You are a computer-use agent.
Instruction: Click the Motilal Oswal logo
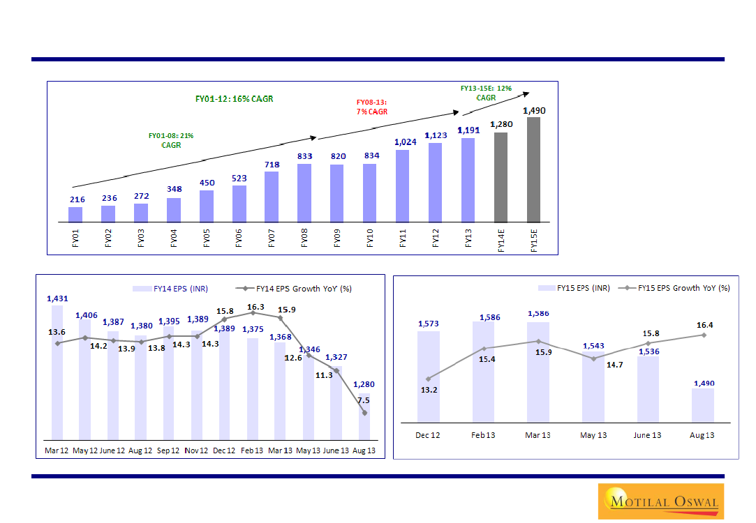(660, 500)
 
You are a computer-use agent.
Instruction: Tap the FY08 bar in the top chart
(304, 193)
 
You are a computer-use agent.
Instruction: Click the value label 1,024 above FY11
(403, 142)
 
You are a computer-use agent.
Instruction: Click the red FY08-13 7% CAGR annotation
(371, 107)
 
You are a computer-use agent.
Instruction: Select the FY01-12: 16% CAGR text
(234, 99)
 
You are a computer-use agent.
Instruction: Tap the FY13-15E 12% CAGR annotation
(486, 93)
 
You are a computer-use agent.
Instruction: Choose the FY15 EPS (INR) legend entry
(573, 288)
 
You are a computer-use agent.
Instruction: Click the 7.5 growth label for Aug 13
(363, 400)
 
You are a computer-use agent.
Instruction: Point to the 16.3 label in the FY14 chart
(256, 307)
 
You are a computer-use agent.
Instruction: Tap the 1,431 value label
(57, 298)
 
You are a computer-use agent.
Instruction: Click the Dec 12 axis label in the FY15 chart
(427, 435)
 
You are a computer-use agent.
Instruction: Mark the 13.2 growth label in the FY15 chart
(428, 390)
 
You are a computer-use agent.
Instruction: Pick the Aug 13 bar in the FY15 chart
(702, 405)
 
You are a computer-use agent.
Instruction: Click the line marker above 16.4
(704, 335)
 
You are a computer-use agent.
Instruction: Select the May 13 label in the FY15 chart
(593, 435)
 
